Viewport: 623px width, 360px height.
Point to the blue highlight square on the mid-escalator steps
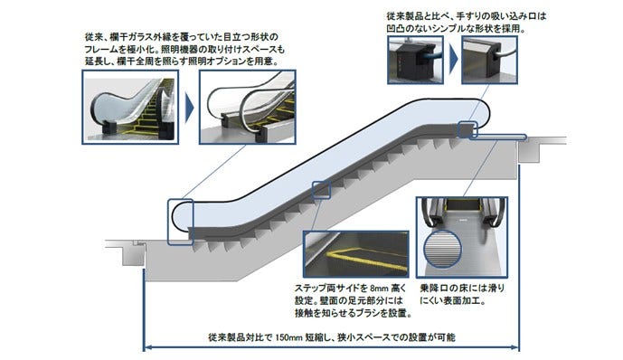[x=322, y=190]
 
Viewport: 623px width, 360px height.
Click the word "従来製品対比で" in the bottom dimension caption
[x=241, y=337]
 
